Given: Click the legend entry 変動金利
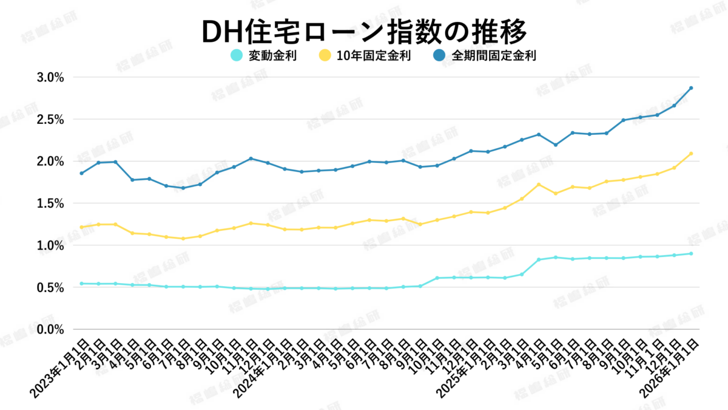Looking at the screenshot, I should coord(272,56).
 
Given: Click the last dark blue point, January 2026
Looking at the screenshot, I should coord(691,88).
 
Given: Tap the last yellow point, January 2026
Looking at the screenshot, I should coord(691,154).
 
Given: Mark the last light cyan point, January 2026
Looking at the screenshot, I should coord(691,253).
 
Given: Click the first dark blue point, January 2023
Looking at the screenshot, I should coord(81,173).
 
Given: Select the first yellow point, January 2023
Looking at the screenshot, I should coord(81,227).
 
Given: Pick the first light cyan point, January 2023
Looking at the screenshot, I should coord(81,284).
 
